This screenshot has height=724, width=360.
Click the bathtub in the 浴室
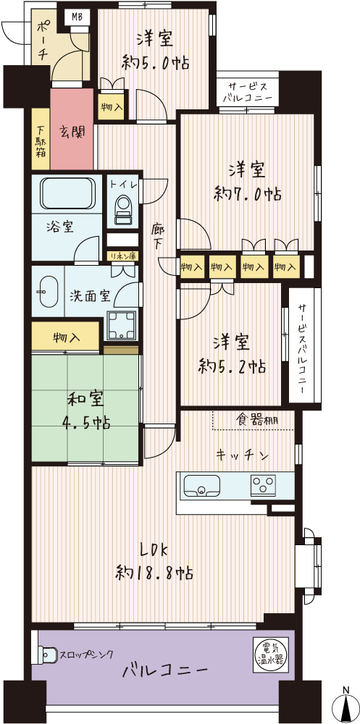pyautogui.click(x=70, y=194)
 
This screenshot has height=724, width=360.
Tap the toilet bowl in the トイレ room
pyautogui.click(x=123, y=206)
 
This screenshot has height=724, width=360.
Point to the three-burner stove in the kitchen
pyautogui.click(x=263, y=485)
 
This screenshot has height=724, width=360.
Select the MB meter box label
pyautogui.click(x=77, y=18)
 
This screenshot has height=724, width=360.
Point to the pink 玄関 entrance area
pyautogui.click(x=72, y=130)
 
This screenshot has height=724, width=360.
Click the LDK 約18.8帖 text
pyautogui.click(x=154, y=561)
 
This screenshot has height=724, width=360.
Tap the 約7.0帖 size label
pyautogui.click(x=248, y=194)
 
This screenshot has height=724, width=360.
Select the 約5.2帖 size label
pyautogui.click(x=232, y=366)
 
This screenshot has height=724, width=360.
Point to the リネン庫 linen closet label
pyautogui.click(x=122, y=256)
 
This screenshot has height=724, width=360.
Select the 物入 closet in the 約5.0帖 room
pyautogui.click(x=111, y=107)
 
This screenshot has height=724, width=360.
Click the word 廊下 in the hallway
pyautogui.click(x=159, y=237)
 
